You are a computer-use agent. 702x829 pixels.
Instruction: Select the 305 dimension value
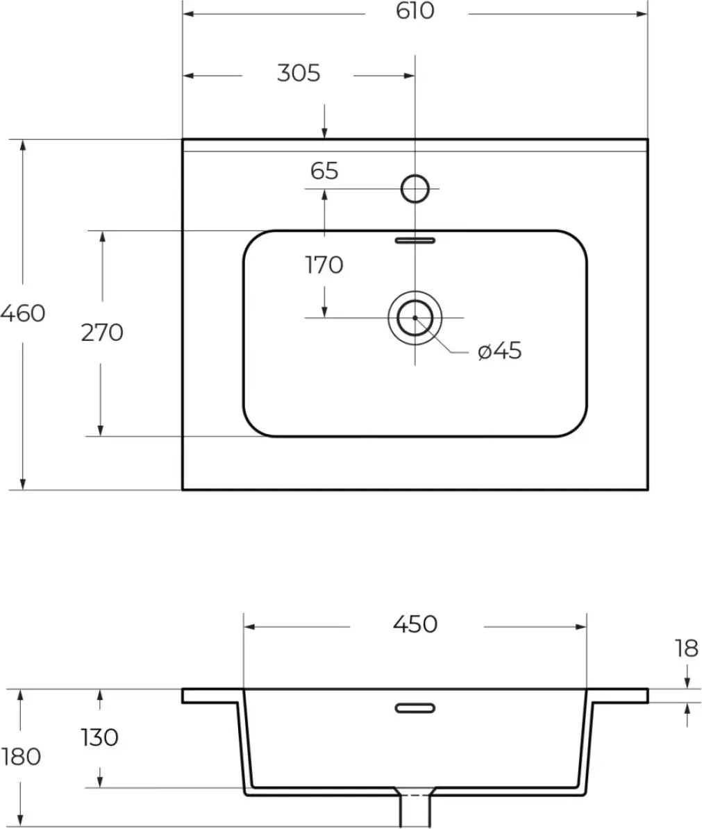[299, 73]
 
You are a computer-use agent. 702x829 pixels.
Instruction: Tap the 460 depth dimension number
[22, 313]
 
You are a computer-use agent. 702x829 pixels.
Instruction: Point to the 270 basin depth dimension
[102, 333]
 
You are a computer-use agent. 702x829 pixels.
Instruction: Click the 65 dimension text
[324, 171]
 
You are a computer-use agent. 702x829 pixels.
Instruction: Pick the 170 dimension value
[324, 265]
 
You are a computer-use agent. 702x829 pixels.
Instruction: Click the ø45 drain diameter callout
[499, 351]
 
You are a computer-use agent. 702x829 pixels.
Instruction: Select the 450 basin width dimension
[415, 624]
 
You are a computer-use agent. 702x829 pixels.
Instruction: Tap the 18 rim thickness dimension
[686, 648]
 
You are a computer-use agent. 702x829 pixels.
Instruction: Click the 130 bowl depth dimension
[100, 737]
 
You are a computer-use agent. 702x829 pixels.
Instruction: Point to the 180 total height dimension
[22, 756]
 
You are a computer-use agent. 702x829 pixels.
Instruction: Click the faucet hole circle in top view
[415, 188]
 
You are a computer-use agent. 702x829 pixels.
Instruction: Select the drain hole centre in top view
[415, 317]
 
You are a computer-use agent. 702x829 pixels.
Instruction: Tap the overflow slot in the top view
[415, 240]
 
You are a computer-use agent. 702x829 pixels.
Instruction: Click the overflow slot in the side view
[415, 707]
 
